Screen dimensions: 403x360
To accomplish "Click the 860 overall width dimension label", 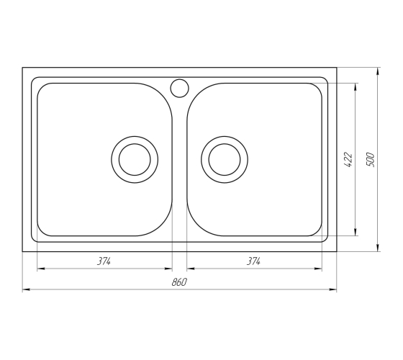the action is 179,282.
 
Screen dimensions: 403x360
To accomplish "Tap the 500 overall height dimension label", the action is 370,160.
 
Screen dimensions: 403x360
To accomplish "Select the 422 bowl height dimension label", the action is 348,160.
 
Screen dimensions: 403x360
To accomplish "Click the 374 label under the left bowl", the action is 104,261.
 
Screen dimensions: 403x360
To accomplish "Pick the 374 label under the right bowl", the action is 254,261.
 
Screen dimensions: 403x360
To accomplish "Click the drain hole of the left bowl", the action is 135,160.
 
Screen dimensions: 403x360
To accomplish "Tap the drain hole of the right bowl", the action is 225,160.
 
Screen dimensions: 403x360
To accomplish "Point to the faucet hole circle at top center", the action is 179,88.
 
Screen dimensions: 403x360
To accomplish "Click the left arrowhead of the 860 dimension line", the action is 26,289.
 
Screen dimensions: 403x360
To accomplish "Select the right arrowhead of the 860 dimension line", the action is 333,289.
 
